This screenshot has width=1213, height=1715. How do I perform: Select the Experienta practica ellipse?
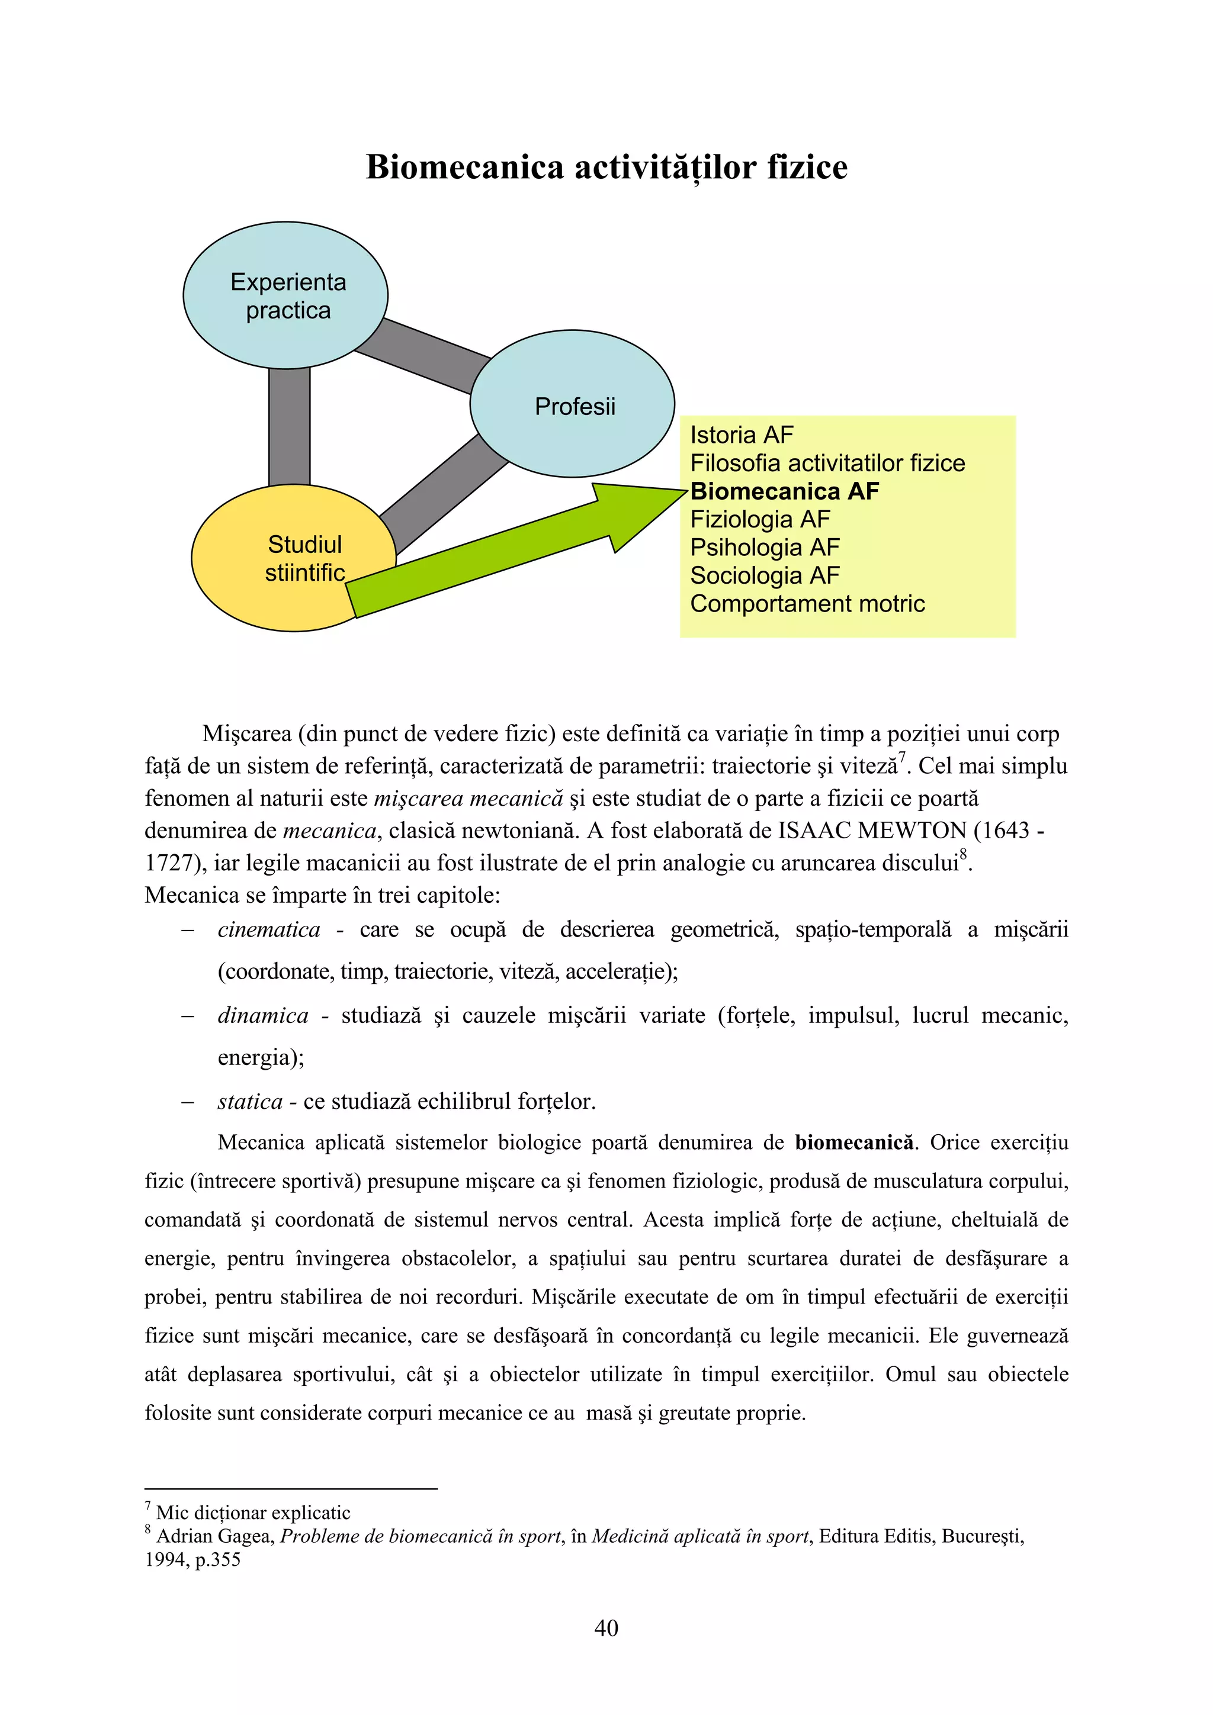pyautogui.click(x=285, y=295)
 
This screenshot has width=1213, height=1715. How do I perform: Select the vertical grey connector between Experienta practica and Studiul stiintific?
pyautogui.click(x=289, y=426)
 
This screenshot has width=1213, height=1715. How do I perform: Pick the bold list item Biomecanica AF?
pyautogui.click(x=784, y=491)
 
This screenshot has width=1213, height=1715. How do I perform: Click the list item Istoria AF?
pyautogui.click(x=741, y=435)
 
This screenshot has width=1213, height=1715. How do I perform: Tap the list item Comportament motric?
pyautogui.click(x=807, y=604)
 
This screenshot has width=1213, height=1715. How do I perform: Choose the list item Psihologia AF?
pyautogui.click(x=764, y=548)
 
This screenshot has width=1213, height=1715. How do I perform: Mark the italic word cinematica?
pyautogui.click(x=268, y=930)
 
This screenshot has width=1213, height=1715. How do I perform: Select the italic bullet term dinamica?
pyautogui.click(x=262, y=1016)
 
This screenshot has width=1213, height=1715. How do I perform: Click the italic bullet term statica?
pyautogui.click(x=249, y=1102)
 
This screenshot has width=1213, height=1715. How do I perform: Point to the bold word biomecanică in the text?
pyautogui.click(x=853, y=1143)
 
